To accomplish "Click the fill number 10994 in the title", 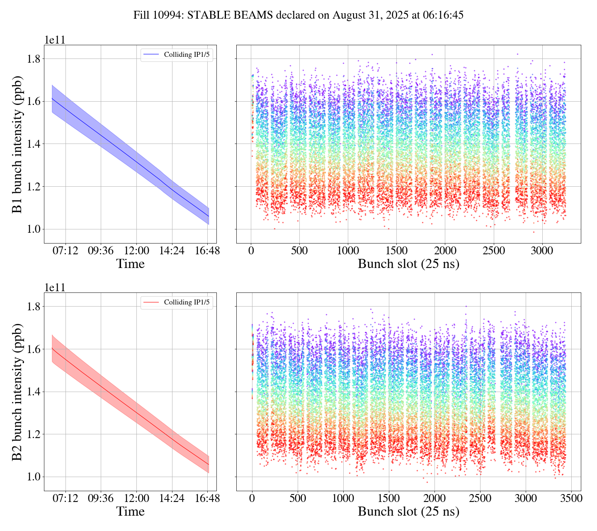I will (170, 15).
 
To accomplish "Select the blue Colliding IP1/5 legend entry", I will (177, 54).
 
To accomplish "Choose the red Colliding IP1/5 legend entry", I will (177, 302).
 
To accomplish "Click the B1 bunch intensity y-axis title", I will (17, 144).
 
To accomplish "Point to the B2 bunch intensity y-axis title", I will (17, 392).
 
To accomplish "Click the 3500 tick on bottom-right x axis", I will (571, 498).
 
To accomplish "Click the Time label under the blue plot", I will (131, 264).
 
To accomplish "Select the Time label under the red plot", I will (131, 512).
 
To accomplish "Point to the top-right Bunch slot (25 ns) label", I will (408, 264).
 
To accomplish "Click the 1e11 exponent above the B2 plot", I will (55, 287).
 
